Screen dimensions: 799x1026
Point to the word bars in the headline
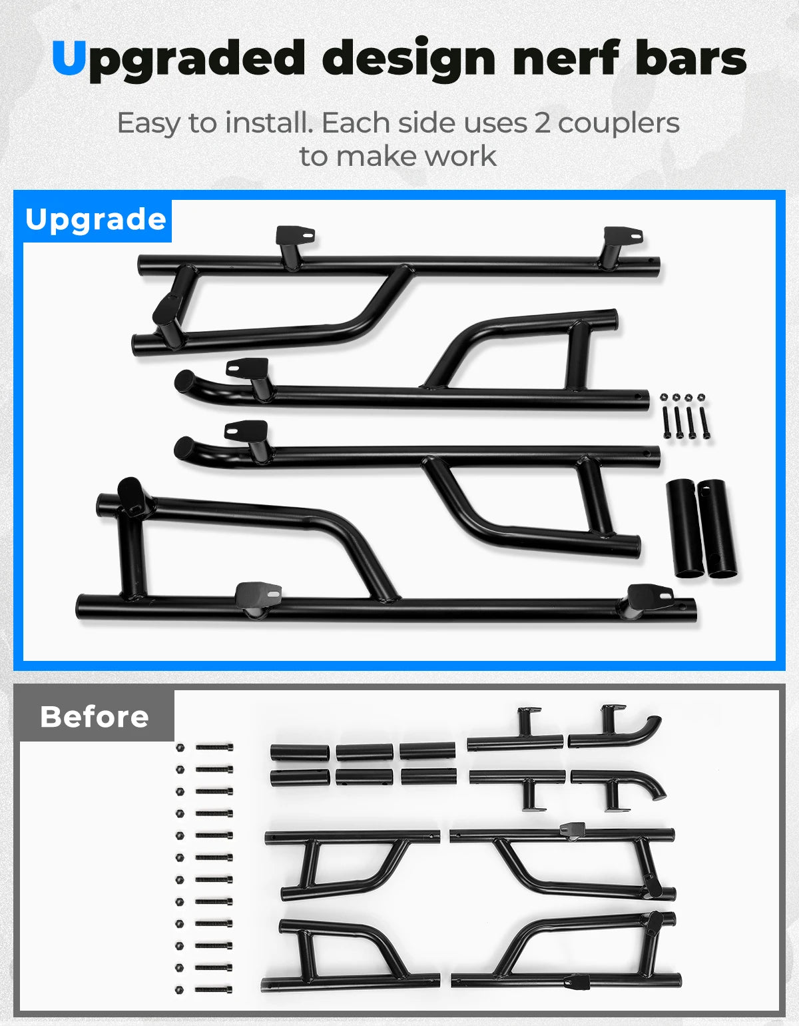point(691,57)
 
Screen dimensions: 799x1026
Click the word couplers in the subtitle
point(619,124)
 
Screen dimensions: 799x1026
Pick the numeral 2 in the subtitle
point(543,123)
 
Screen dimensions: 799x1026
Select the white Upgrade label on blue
point(96,220)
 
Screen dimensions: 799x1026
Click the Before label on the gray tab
point(95,717)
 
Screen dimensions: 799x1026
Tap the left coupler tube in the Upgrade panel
point(685,528)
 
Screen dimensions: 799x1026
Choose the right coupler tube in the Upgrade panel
point(717,528)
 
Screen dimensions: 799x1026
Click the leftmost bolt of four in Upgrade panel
point(666,422)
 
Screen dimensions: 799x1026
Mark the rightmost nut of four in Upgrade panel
point(701,397)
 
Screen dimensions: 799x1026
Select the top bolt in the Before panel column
point(214,748)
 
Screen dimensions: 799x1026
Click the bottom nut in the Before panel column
point(179,990)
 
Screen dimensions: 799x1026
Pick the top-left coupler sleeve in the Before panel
point(300,752)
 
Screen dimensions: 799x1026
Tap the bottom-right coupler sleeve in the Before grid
point(429,777)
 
